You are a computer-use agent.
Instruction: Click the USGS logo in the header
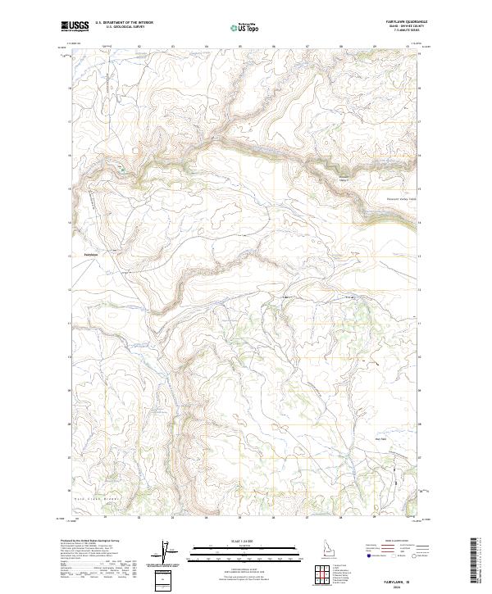pyautogui.click(x=75, y=27)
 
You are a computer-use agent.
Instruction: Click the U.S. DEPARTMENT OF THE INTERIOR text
pyautogui.click(x=124, y=22)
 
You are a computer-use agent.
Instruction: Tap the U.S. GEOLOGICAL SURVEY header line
pyautogui.click(x=124, y=28)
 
